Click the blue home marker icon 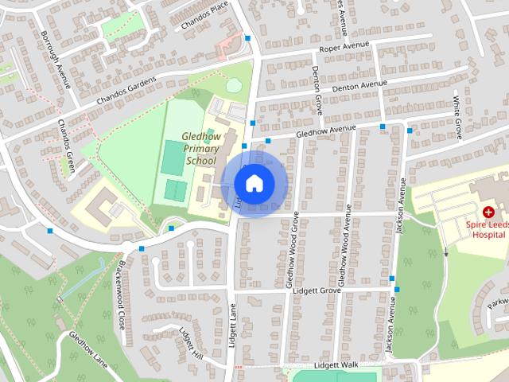pyautogui.click(x=254, y=183)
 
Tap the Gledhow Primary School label pyautogui.click(x=200, y=148)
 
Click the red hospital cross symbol pyautogui.click(x=488, y=212)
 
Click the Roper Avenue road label pyautogui.click(x=346, y=49)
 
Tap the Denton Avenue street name pyautogui.click(x=359, y=85)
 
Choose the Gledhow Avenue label pyautogui.click(x=325, y=130)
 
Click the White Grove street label pyautogui.click(x=458, y=117)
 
